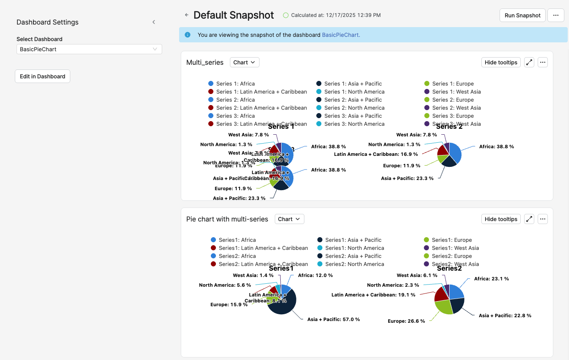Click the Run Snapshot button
[x=522, y=15]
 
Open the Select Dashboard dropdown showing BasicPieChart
[x=89, y=49]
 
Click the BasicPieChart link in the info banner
[x=341, y=35]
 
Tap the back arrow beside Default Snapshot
[x=187, y=15]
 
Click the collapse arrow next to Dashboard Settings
[x=154, y=22]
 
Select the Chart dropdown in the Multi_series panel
[x=244, y=62]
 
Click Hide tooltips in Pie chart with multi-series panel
[x=501, y=219]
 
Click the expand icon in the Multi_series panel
[x=529, y=62]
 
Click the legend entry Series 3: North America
[x=354, y=124]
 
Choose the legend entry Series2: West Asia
[x=455, y=264]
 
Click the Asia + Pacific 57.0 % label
[x=333, y=319]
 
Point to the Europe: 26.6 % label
[x=406, y=321]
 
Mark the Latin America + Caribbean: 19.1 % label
[x=373, y=295]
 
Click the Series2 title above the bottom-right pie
[x=449, y=269]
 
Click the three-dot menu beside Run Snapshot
[x=555, y=15]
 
